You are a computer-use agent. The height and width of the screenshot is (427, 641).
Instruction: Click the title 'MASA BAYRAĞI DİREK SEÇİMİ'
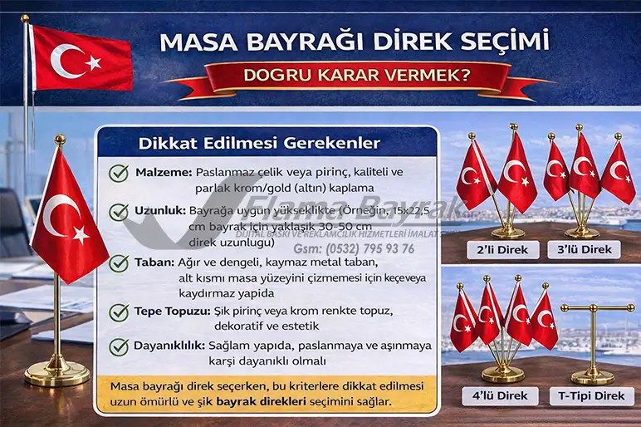(354, 41)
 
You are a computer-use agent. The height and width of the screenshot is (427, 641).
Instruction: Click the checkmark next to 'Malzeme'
(119, 173)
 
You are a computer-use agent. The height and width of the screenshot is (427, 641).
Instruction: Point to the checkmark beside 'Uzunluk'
(119, 212)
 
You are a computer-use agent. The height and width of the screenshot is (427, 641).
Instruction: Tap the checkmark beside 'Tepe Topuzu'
(119, 313)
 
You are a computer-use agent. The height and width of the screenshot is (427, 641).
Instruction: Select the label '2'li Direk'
(497, 250)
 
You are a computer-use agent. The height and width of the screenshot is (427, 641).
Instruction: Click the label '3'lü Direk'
(590, 250)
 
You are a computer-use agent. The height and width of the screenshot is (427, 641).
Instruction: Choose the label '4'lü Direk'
(497, 396)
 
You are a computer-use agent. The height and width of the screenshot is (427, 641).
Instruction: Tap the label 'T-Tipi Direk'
(590, 396)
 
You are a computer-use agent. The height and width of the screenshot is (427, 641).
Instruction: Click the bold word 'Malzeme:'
(163, 172)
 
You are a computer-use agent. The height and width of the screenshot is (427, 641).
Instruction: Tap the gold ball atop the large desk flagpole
(59, 139)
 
